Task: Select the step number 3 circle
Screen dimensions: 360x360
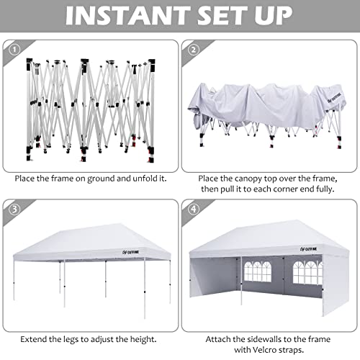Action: click(12, 210)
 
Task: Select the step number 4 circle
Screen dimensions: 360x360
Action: click(192, 210)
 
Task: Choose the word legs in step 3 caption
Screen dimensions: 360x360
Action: click(71, 337)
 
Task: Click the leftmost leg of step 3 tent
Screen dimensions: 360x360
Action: click(14, 288)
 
